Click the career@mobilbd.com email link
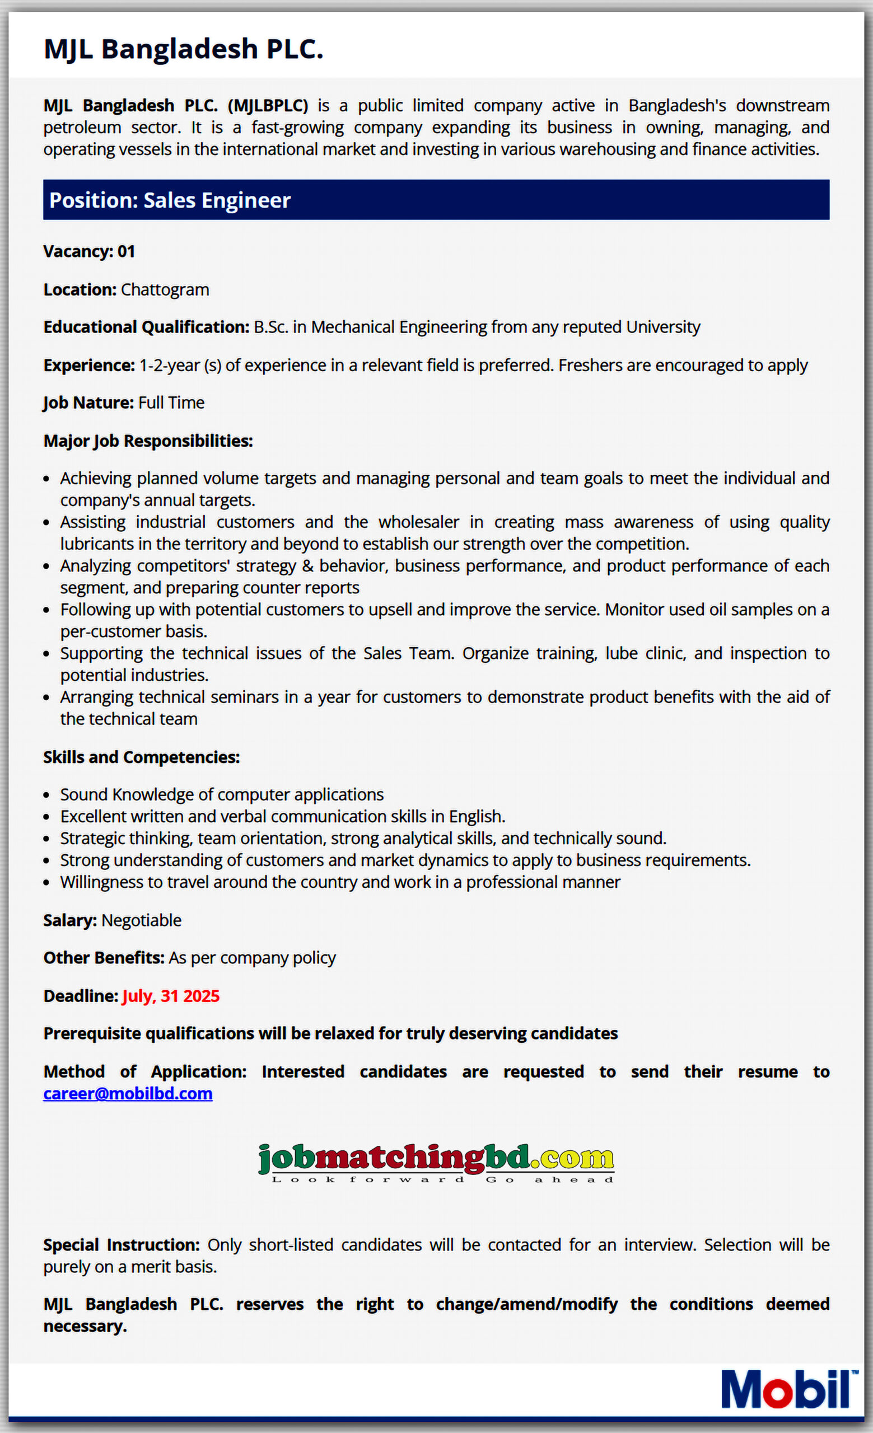click(128, 1093)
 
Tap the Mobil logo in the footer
click(788, 1389)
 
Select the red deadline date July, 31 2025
click(171, 996)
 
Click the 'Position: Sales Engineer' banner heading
click(170, 200)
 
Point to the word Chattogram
click(165, 289)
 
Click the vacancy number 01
click(126, 252)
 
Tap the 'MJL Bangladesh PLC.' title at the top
click(183, 49)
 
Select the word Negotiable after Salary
click(141, 921)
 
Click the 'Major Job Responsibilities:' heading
click(148, 441)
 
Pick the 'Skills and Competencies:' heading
click(141, 757)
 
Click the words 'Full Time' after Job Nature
click(171, 403)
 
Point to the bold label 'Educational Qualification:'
click(146, 327)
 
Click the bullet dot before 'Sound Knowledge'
click(46, 795)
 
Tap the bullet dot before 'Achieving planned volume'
click(46, 479)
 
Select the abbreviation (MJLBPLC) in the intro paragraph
click(268, 106)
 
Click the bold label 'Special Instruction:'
click(122, 1245)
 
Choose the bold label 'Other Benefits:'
click(104, 958)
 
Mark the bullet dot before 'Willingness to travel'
click(46, 883)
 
